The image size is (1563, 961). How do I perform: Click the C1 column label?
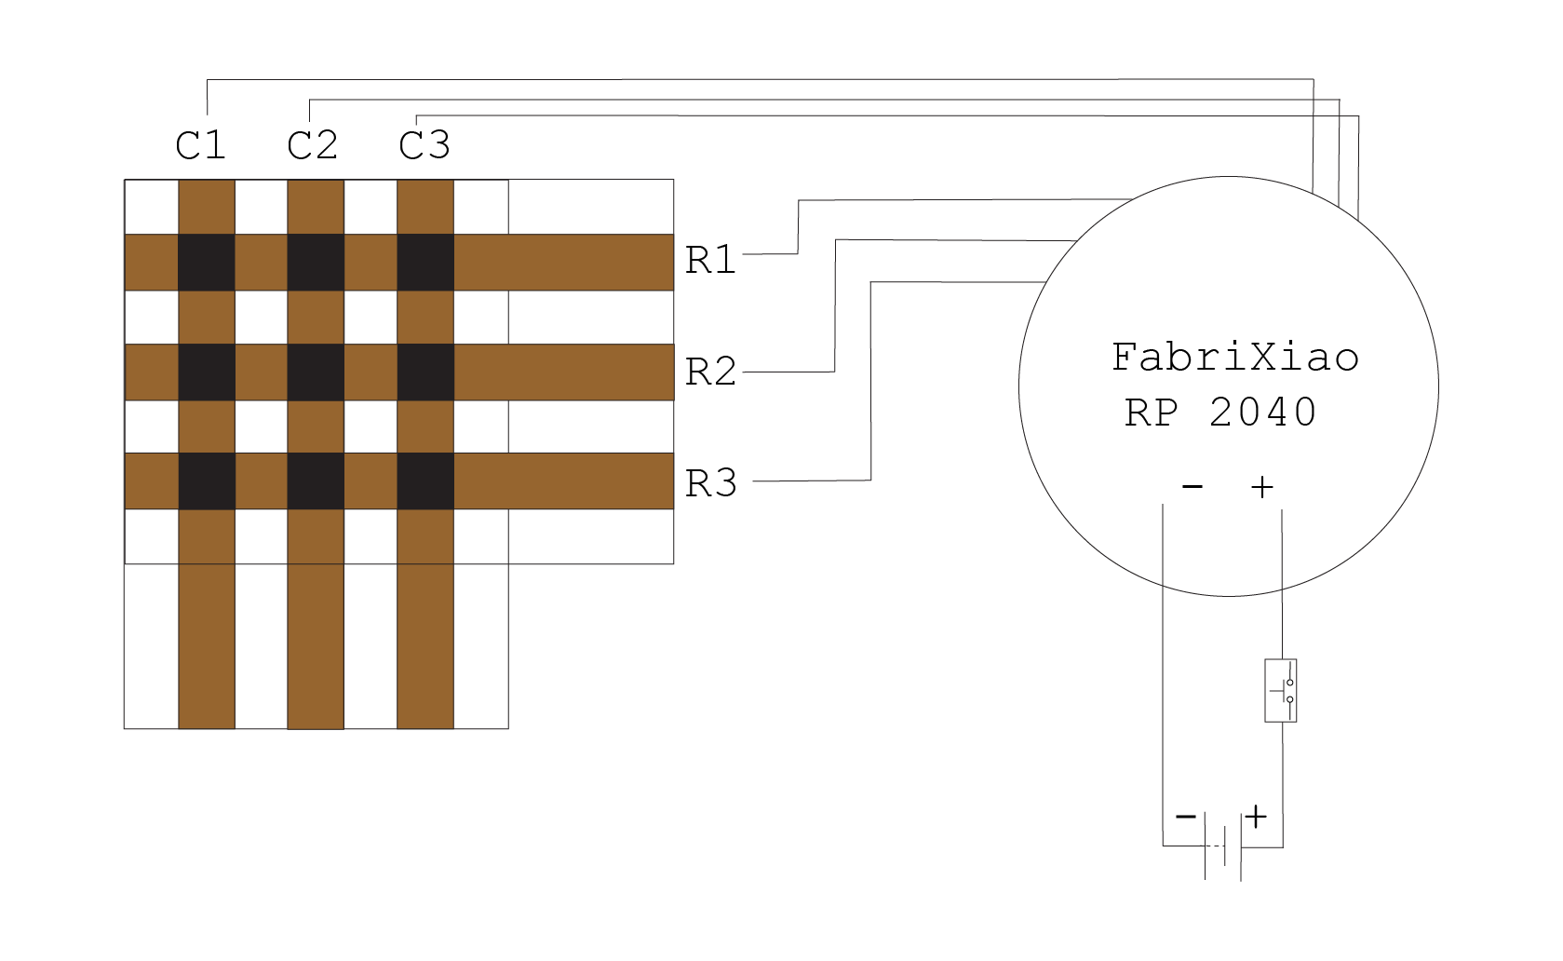click(x=200, y=145)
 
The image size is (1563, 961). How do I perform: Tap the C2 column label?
click(x=312, y=145)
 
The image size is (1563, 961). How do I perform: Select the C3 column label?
click(x=424, y=145)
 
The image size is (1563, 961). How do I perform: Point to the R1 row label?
click(x=710, y=260)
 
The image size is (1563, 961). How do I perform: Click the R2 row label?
click(x=710, y=372)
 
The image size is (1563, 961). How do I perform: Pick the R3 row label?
click(x=710, y=483)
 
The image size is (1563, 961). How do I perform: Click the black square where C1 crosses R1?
click(x=206, y=263)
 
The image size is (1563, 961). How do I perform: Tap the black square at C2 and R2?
click(x=316, y=372)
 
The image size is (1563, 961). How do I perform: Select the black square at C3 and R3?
click(x=425, y=481)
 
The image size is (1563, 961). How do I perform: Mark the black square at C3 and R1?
click(x=425, y=263)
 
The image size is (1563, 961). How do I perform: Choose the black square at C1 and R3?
click(x=206, y=481)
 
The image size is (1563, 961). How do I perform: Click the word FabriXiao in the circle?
click(x=1235, y=358)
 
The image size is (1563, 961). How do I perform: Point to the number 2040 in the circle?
click(x=1262, y=412)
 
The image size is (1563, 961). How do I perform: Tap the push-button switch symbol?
click(x=1281, y=691)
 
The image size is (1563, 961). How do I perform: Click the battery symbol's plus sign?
click(x=1257, y=817)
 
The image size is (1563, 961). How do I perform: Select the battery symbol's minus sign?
click(x=1185, y=817)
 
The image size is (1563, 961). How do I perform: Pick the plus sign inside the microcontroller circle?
click(x=1261, y=486)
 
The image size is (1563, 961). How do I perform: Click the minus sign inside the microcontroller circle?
click(x=1192, y=486)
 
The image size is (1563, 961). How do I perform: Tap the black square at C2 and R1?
click(x=316, y=263)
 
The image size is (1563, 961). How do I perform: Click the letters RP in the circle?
click(x=1152, y=412)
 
